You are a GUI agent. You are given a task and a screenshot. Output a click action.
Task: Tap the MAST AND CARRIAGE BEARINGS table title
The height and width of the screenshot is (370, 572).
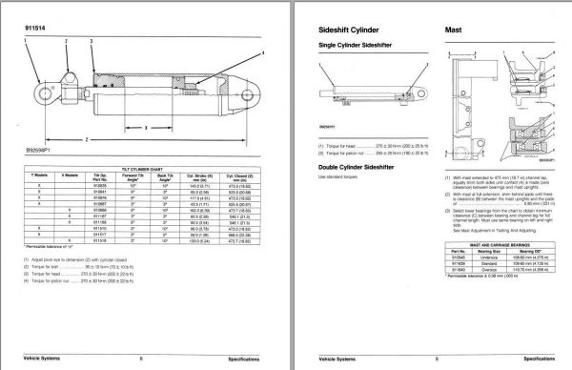tap(495, 246)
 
